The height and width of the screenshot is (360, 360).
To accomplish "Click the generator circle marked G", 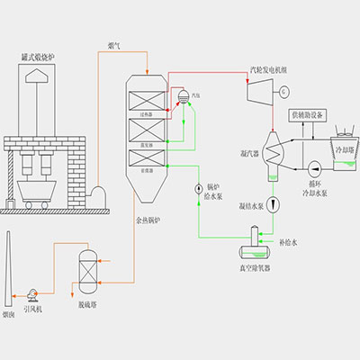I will click(283, 90).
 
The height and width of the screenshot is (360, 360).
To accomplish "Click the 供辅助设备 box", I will click(309, 114).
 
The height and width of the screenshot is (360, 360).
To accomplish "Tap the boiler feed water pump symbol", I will click(198, 188).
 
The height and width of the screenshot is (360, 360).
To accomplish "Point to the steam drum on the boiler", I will click(184, 95).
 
